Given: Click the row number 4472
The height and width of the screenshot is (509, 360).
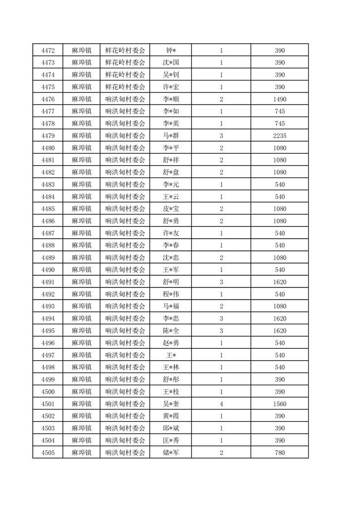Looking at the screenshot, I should point(48,50).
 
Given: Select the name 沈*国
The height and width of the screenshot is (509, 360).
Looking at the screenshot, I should point(170,63).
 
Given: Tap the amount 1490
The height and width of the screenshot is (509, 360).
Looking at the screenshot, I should point(280,99).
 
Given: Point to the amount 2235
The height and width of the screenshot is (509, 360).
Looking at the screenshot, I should point(280,136).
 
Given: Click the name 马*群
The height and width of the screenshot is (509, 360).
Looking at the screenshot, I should point(170,136).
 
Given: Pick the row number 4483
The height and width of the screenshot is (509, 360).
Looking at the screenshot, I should point(48,185).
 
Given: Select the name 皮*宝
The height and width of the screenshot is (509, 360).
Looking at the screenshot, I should point(170,209).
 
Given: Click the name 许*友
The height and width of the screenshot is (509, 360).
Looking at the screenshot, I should point(170,233).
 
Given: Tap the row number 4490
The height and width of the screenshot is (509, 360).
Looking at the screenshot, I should point(48,270).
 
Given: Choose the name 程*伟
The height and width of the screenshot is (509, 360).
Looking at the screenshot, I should point(170,294).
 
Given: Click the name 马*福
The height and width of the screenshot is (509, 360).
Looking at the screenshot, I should point(170,306).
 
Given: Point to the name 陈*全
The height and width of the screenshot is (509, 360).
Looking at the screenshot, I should point(170,331).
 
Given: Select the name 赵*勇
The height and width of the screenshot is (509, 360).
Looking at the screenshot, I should point(170,343).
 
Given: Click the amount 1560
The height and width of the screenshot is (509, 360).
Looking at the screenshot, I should point(280,404).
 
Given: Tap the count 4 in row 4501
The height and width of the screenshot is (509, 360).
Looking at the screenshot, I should point(221,404).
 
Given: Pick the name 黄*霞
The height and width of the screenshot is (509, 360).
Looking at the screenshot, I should point(170,416).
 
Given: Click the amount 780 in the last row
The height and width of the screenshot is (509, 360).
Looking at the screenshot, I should point(280,452).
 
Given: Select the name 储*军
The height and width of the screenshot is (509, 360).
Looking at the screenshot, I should point(170,452).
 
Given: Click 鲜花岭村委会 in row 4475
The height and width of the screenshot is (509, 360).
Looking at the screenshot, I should point(125,87).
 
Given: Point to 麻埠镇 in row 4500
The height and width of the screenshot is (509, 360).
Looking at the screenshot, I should point(81,392).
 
